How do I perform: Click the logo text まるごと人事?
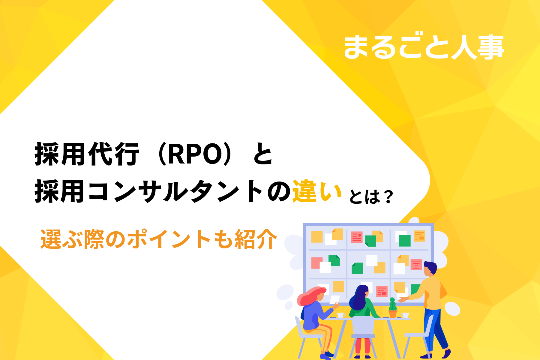[424, 47]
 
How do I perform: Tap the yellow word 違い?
[317, 191]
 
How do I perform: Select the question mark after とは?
[388, 197]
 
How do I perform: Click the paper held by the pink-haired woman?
[334, 300]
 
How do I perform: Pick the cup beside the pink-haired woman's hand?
[340, 315]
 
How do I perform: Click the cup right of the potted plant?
[405, 315]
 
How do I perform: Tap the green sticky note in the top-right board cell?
[405, 241]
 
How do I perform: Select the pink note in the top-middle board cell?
[357, 237]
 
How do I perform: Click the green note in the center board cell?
[357, 268]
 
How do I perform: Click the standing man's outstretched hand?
[402, 299]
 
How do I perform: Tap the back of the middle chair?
[363, 325]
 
